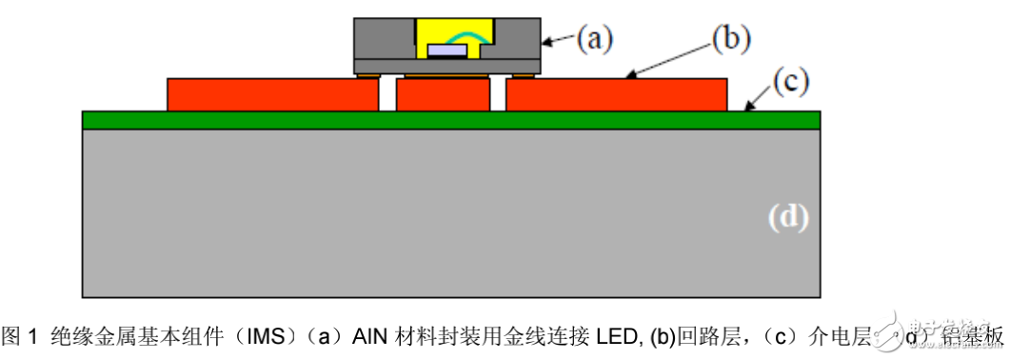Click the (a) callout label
click(x=596, y=39)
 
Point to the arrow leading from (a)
click(x=561, y=41)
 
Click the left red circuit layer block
click(x=271, y=95)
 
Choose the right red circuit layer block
click(x=616, y=95)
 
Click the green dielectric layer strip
click(x=451, y=120)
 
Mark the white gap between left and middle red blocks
click(x=386, y=95)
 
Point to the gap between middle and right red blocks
click(x=498, y=95)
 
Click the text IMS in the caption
click(x=257, y=336)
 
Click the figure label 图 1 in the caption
click(x=20, y=336)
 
